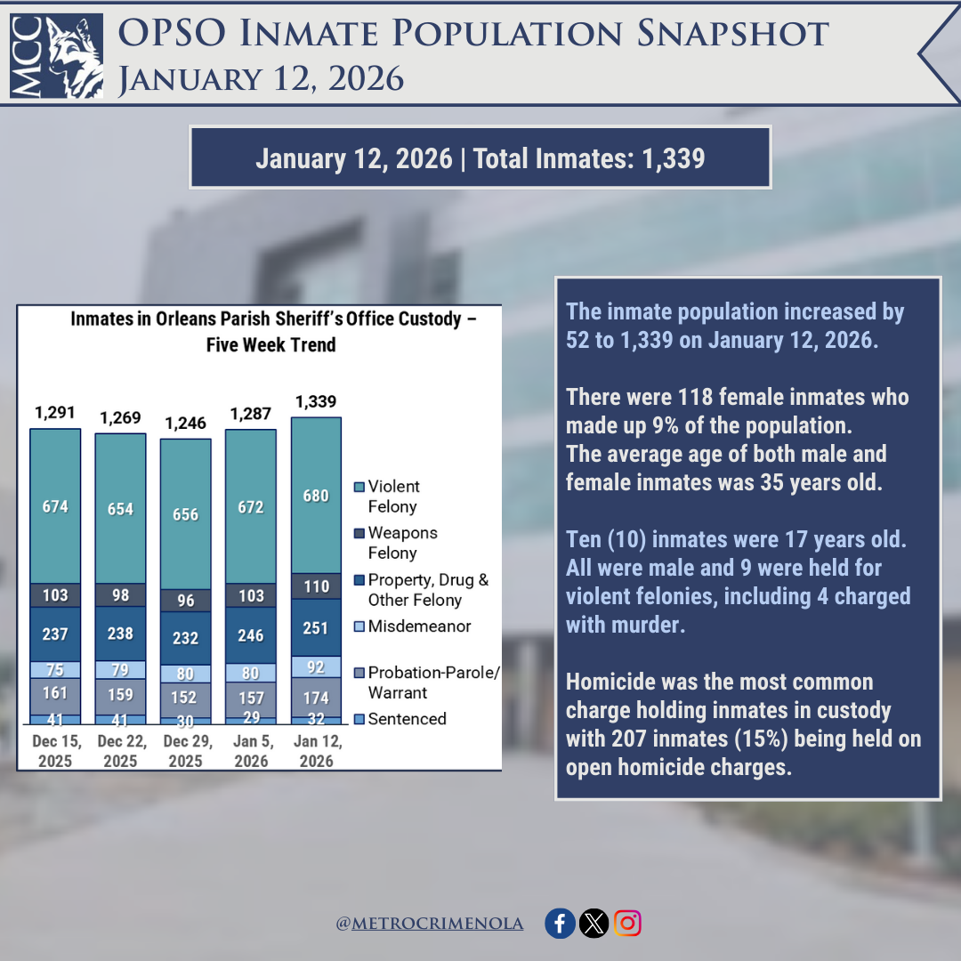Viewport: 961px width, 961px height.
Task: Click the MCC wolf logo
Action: coord(56,54)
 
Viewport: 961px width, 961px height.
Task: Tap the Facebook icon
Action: coord(560,924)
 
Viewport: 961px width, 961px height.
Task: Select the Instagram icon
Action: coord(627,924)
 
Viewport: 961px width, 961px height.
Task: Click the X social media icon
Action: coord(594,924)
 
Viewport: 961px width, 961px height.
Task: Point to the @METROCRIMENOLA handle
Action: coord(429,925)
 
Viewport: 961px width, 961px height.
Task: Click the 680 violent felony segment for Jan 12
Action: coord(316,496)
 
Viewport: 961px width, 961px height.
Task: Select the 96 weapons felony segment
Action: coord(185,601)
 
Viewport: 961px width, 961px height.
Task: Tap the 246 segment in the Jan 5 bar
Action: coord(251,636)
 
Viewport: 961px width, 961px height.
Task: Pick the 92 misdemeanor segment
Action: coord(316,666)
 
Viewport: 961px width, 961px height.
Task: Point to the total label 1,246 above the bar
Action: coord(185,423)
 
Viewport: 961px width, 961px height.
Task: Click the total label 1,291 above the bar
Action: coord(55,413)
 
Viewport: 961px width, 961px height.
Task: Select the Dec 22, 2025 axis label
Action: coord(120,751)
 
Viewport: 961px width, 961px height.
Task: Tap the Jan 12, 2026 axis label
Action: coord(316,751)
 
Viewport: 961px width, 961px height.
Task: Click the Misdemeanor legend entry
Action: coord(419,626)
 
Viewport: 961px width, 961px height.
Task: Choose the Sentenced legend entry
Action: coord(407,719)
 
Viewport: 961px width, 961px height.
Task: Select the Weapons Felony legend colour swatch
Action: coord(359,534)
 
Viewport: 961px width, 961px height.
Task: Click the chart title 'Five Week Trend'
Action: coord(271,344)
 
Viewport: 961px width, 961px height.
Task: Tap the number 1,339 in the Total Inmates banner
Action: coord(673,158)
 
